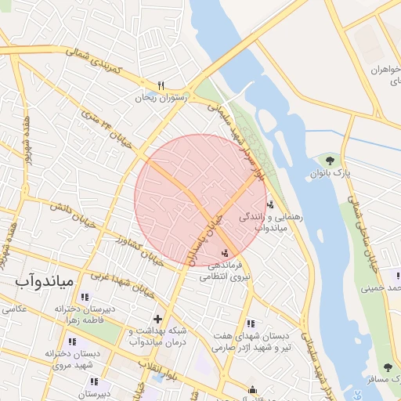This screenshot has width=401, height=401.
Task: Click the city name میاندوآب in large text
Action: (x=45, y=280)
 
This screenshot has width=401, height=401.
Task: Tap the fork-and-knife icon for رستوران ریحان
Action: (x=161, y=85)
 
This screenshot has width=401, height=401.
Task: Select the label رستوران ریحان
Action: (x=161, y=98)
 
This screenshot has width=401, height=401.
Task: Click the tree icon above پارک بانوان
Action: (x=330, y=161)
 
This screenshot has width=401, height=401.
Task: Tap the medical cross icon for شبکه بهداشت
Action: (x=158, y=319)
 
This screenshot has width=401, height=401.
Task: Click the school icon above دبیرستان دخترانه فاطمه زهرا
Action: (x=85, y=298)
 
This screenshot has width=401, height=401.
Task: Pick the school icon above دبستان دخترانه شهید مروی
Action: (x=73, y=341)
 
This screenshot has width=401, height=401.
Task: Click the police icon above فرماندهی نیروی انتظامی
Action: (x=226, y=252)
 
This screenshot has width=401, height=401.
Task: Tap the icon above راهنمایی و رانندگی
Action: (x=271, y=204)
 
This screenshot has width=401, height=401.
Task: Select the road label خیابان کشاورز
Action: (x=140, y=250)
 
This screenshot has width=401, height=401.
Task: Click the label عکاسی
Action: (x=13, y=309)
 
